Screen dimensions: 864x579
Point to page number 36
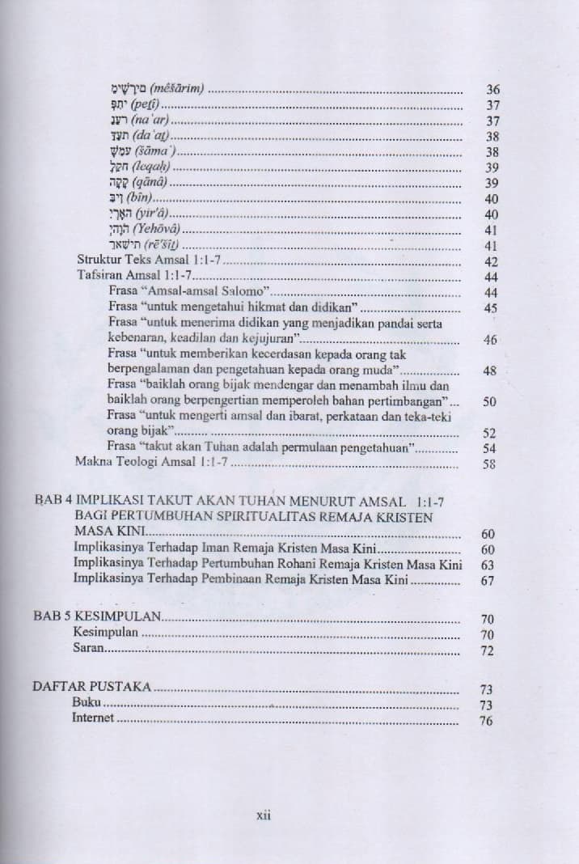(492, 89)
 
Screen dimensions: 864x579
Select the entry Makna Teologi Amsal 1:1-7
(153, 463)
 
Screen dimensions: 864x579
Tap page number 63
(488, 565)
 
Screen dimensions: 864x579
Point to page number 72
(488, 650)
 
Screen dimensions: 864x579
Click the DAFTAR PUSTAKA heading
(92, 688)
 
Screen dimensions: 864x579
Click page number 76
(487, 721)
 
